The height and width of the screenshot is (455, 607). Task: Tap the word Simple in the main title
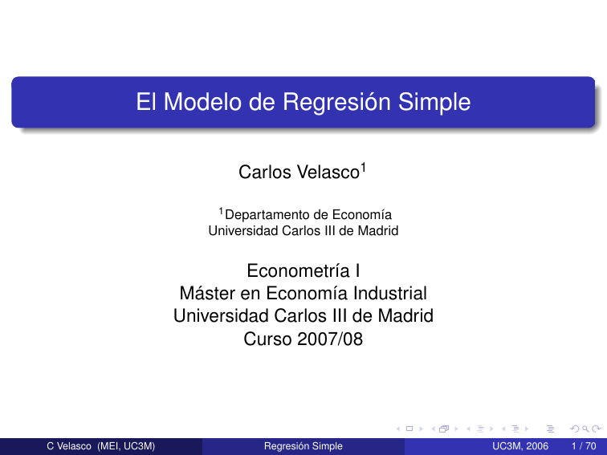pyautogui.click(x=434, y=104)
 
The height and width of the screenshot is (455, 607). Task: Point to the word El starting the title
pyautogui.click(x=147, y=104)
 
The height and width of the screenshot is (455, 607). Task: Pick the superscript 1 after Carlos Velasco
pyautogui.click(x=364, y=167)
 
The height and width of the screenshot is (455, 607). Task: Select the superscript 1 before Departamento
pyautogui.click(x=221, y=211)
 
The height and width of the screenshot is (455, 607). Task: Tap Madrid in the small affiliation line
pyautogui.click(x=379, y=230)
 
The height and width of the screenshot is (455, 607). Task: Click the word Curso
pyautogui.click(x=266, y=339)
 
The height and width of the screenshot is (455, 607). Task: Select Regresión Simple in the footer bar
pyautogui.click(x=303, y=446)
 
